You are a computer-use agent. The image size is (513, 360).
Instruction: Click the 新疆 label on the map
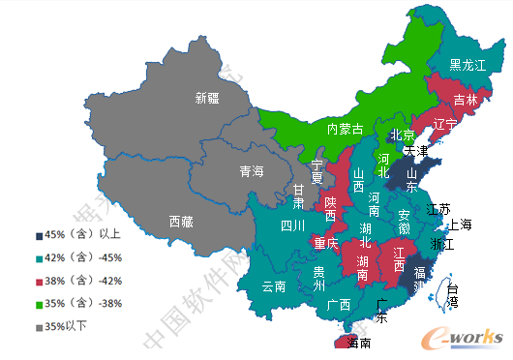pos(207,98)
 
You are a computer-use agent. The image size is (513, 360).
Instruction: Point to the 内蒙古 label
pos(344,129)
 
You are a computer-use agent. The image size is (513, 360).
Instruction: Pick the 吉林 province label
pos(466,100)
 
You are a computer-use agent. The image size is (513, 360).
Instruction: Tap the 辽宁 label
pos(444,124)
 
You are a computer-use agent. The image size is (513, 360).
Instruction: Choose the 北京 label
pos(402,135)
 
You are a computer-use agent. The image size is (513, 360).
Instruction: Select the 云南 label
pos(274,286)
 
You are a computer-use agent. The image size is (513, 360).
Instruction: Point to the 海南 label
pos(358,343)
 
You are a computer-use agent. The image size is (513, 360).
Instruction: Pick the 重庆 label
pos(326,244)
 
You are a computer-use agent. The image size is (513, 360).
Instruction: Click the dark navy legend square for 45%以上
pos(39,234)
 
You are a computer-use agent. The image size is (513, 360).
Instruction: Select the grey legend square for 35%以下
pos(39,326)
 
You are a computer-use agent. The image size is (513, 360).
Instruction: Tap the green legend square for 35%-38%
pos(39,303)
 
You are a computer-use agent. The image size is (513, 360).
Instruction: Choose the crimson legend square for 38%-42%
pos(39,281)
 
